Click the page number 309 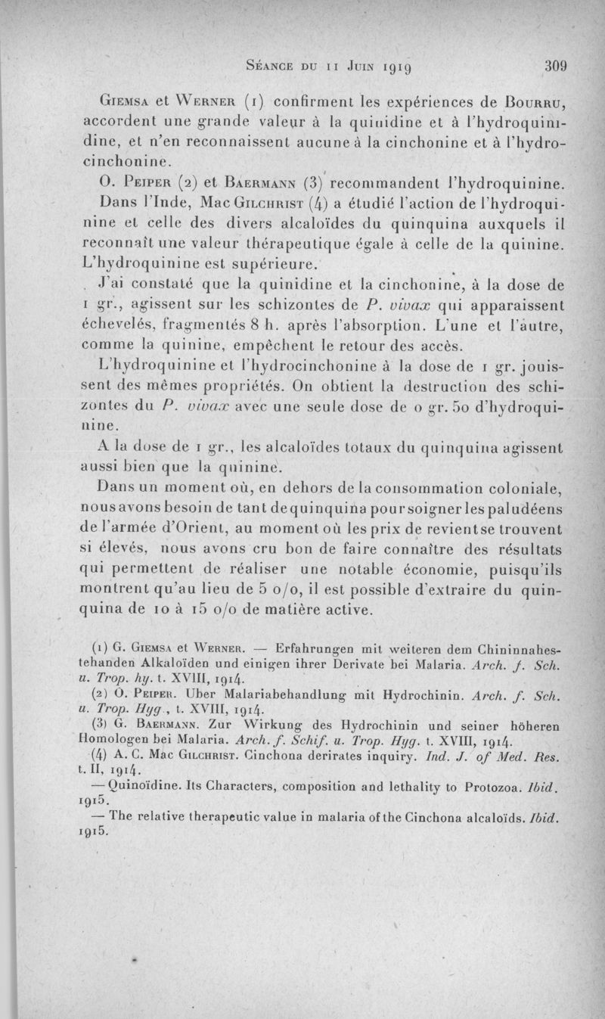click(556, 65)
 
